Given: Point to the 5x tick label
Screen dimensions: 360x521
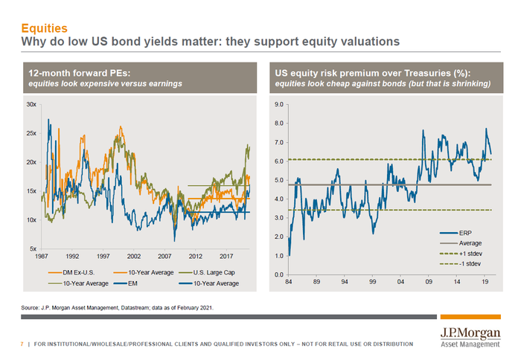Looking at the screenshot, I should pyautogui.click(x=32, y=248).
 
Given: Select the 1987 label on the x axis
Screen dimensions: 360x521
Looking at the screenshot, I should pyautogui.click(x=42, y=256).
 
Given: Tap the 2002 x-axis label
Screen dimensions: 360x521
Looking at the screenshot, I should pyautogui.click(x=133, y=256).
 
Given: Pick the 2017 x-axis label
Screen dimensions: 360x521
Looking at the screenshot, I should pyautogui.click(x=225, y=256).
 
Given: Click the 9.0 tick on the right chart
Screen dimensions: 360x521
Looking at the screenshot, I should pyautogui.click(x=279, y=105).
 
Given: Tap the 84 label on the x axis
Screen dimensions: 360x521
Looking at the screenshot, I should pyautogui.click(x=289, y=283).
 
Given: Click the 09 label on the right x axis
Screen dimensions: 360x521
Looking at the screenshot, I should pyautogui.click(x=429, y=283).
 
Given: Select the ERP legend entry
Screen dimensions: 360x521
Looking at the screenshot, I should pyautogui.click(x=467, y=232).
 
